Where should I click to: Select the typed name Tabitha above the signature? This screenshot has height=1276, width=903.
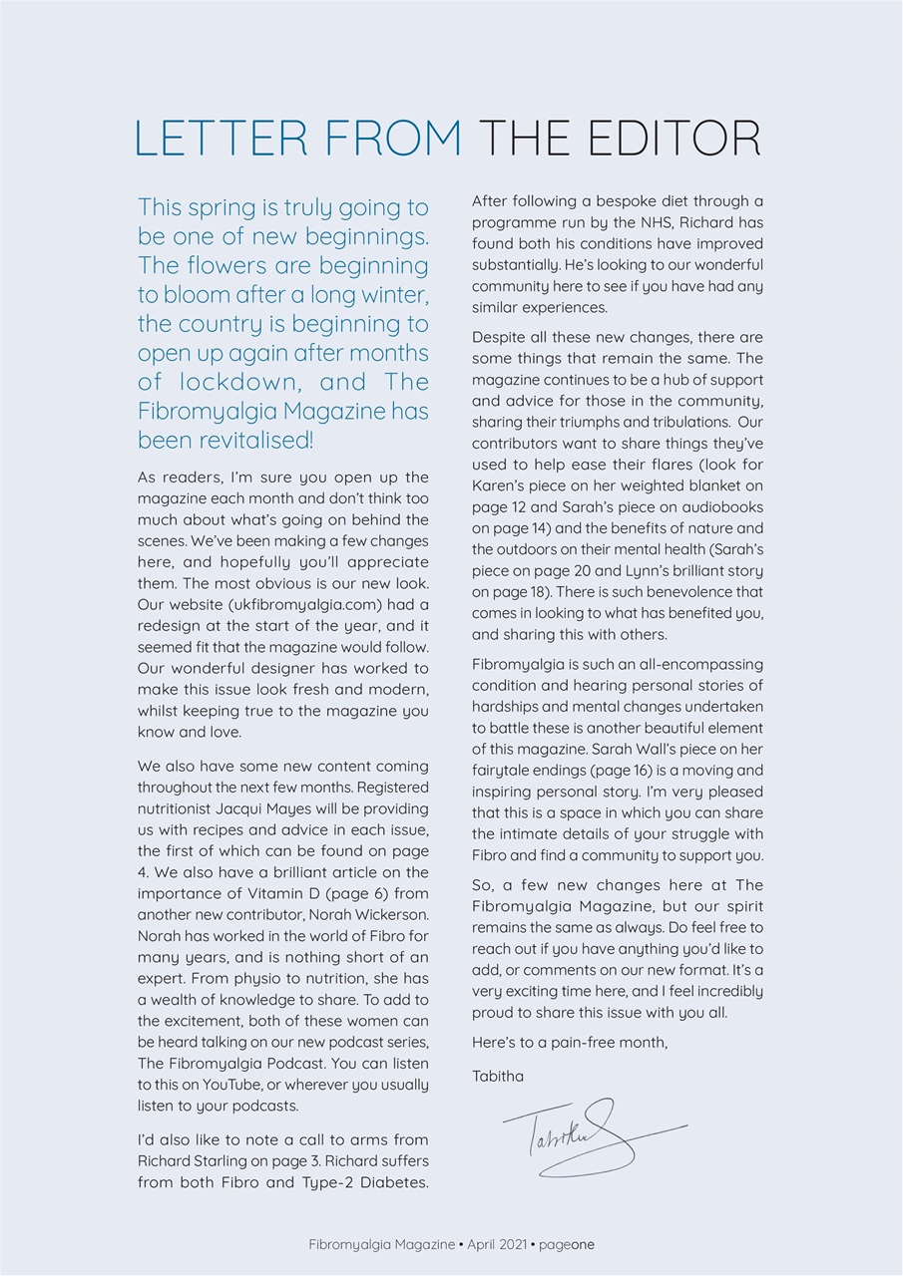(x=497, y=1077)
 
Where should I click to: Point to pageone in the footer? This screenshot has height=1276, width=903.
(x=567, y=1244)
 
